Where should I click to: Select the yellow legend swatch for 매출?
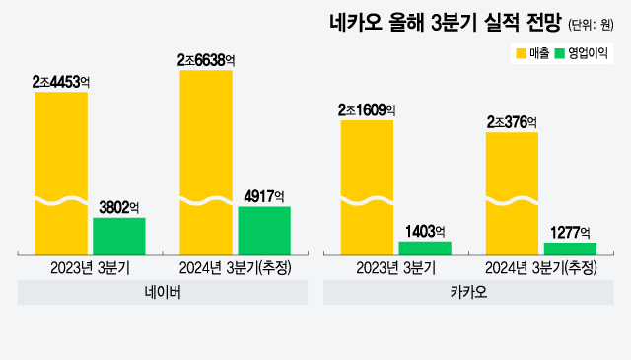tap(520, 52)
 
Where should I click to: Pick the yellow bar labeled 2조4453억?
tap(61, 173)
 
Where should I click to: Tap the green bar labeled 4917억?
tap(264, 230)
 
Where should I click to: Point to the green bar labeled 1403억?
tap(424, 248)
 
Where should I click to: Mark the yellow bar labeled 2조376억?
tap(513, 192)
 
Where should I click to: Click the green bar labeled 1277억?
tap(570, 249)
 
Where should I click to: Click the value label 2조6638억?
tap(206, 60)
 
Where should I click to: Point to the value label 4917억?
tap(263, 196)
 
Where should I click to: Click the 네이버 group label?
tap(162, 294)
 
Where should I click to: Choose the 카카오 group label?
tap(468, 294)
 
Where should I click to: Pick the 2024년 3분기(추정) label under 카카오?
tap(541, 268)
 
